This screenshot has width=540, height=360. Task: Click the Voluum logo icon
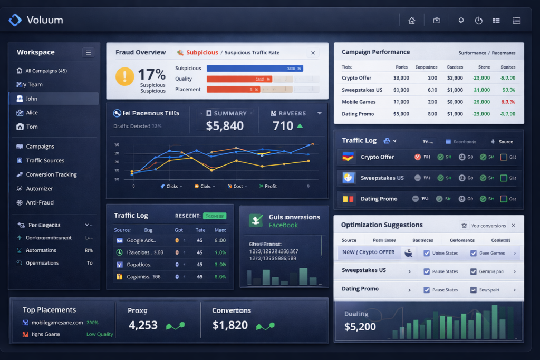tap(15, 20)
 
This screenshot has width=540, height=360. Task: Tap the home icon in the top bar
tap(412, 21)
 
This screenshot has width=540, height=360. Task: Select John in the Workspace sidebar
tap(32, 99)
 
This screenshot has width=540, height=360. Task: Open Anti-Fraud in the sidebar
tap(40, 202)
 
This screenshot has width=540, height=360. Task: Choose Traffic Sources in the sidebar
tap(45, 160)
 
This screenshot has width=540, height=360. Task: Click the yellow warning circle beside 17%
tap(124, 76)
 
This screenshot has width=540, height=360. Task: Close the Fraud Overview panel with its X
tap(313, 53)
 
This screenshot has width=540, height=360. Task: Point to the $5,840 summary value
tap(225, 126)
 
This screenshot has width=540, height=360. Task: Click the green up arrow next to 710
tap(300, 126)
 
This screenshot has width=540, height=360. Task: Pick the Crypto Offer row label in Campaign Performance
tap(356, 77)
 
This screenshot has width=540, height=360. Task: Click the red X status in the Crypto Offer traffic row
tap(418, 157)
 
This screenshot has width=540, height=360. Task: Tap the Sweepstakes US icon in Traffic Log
tap(348, 178)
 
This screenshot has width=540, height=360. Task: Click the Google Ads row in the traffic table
tap(140, 240)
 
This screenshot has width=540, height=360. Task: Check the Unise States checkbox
tap(426, 253)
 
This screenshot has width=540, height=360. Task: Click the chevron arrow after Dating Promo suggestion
tap(409, 290)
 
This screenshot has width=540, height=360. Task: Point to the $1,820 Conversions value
tap(230, 325)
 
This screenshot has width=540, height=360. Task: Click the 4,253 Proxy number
tap(143, 325)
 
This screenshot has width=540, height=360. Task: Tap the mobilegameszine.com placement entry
tap(56, 322)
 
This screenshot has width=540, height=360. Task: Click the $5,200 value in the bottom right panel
tap(360, 327)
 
